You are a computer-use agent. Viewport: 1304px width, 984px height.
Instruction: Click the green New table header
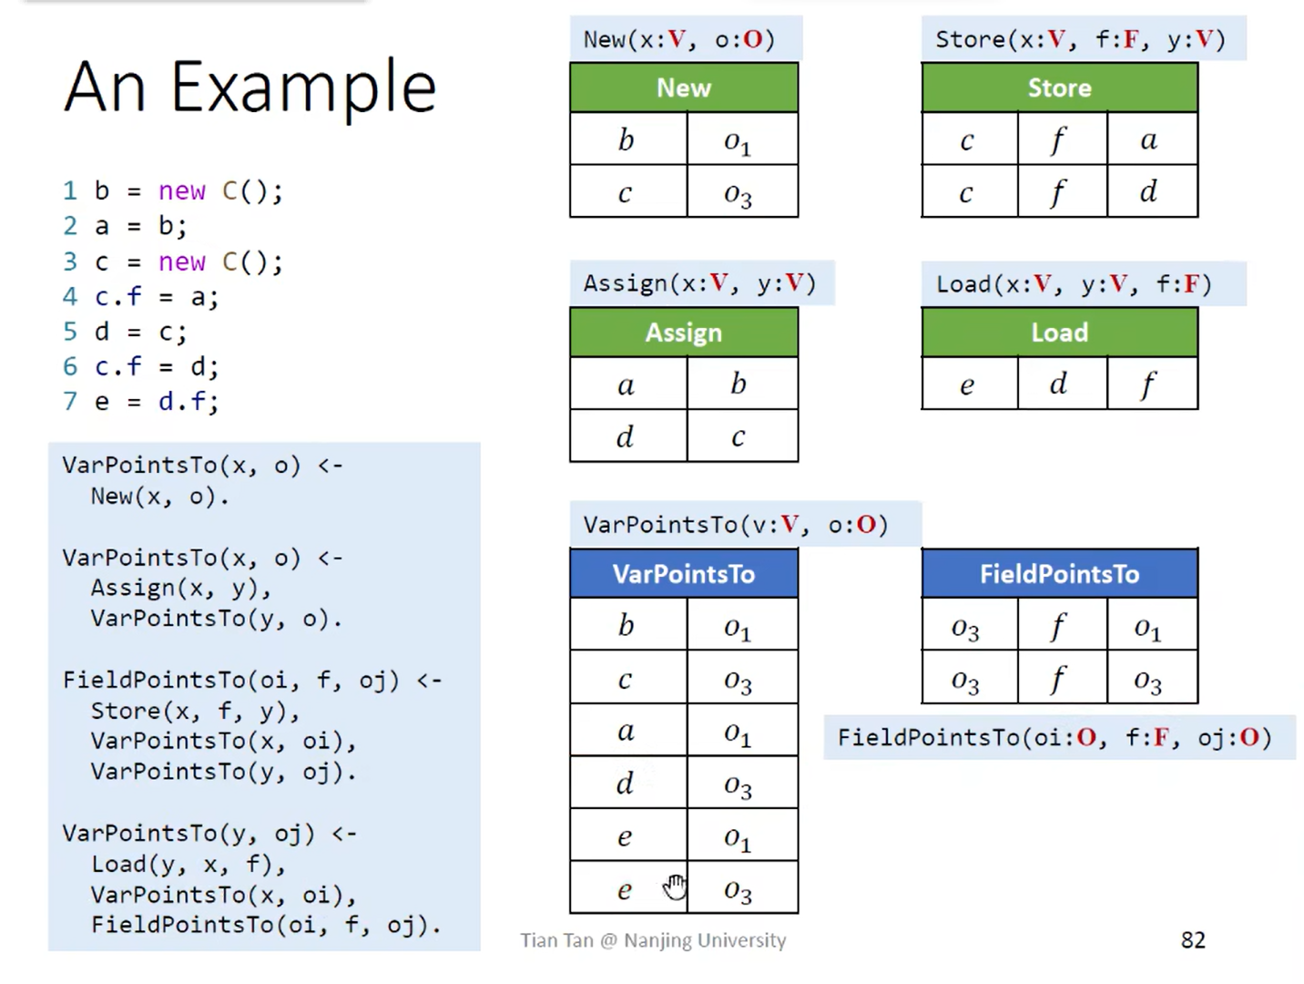click(x=684, y=87)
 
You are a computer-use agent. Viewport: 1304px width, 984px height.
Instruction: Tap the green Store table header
click(x=1059, y=87)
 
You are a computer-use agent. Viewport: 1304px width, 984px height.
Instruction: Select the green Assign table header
click(x=684, y=333)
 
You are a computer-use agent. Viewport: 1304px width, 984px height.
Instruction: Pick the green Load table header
click(x=1059, y=333)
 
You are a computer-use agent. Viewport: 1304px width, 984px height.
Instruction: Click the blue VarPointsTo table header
click(x=684, y=574)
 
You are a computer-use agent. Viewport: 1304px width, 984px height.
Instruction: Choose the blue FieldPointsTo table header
click(x=1059, y=574)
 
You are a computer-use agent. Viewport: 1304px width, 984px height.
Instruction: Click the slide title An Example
click(x=250, y=87)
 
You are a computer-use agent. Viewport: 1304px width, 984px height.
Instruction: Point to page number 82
click(x=1193, y=940)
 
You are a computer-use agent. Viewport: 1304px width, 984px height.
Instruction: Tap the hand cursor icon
click(x=675, y=886)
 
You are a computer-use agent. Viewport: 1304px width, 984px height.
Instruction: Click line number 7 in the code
click(x=70, y=402)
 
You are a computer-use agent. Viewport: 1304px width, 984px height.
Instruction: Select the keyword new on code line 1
click(x=182, y=191)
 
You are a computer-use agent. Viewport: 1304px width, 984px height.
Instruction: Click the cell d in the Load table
click(x=1059, y=384)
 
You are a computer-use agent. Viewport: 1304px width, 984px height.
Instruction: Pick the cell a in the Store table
click(x=1150, y=139)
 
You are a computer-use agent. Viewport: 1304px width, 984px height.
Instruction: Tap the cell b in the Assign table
click(x=739, y=384)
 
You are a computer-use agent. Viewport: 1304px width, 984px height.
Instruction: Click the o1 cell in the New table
click(x=739, y=140)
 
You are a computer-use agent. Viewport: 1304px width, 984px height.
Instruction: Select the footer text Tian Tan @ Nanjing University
click(x=653, y=940)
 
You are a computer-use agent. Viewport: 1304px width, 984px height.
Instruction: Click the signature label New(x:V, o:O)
click(x=679, y=40)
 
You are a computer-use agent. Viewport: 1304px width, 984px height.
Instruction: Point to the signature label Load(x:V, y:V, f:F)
click(x=1075, y=284)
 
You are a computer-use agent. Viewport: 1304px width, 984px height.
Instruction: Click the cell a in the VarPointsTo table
click(x=627, y=731)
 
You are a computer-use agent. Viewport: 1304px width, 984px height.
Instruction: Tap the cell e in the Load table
click(x=968, y=384)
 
